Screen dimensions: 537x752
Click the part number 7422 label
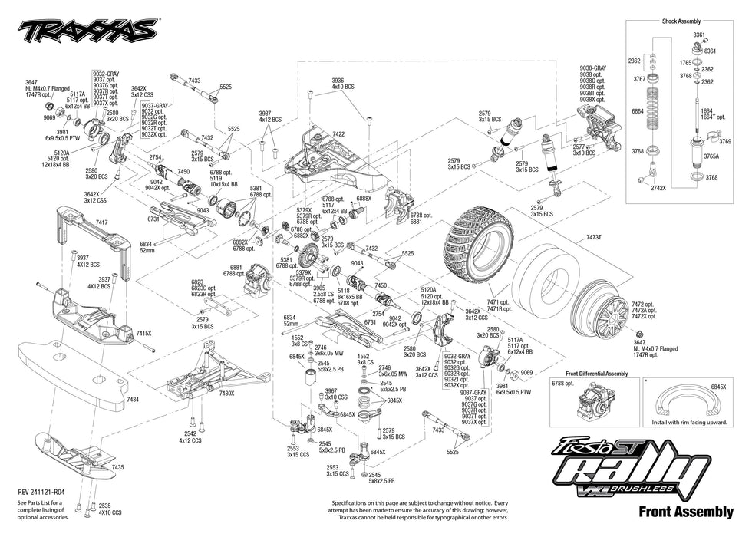point(338,134)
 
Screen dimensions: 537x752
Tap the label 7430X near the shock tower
point(226,393)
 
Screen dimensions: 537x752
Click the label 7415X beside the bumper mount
point(143,334)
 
